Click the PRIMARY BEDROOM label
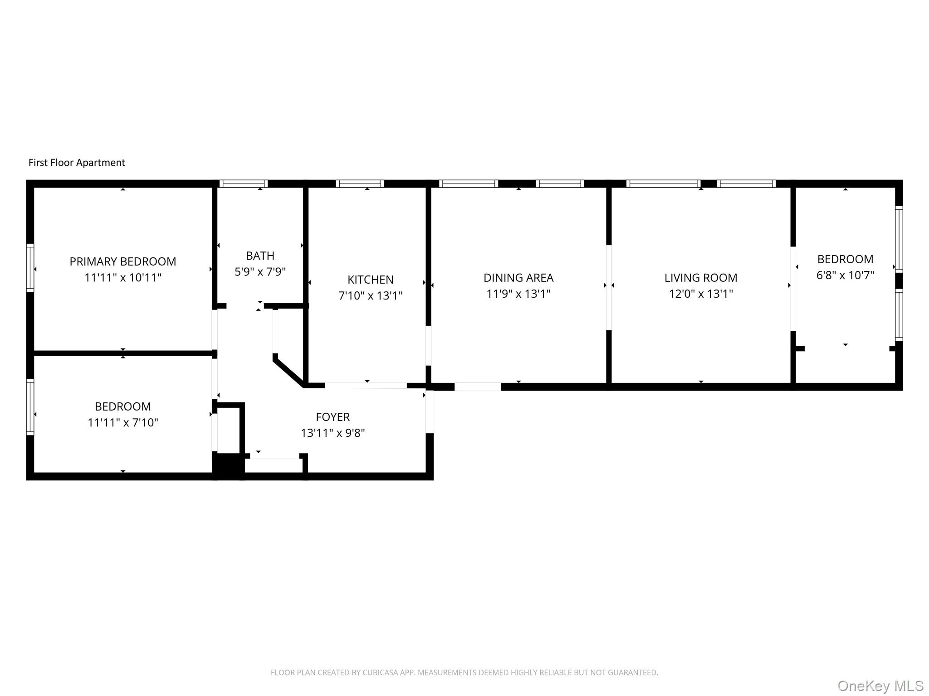pos(122,261)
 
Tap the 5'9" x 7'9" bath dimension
pos(260,272)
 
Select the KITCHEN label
pos(370,280)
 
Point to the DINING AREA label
pos(518,278)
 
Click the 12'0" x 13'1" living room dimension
pos(700,294)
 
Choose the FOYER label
pos(332,417)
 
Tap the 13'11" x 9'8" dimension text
pos(332,433)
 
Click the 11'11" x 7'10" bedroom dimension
pos(122,423)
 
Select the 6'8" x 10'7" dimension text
pos(845,275)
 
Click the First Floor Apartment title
pos(77,163)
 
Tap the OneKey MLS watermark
pos(880,686)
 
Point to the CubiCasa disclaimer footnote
pos(464,672)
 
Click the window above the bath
pos(243,184)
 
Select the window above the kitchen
pos(360,184)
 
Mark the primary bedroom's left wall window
pos(30,267)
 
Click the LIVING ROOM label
pos(700,278)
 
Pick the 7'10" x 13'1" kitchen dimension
pos(370,296)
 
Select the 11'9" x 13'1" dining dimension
pos(518,294)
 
